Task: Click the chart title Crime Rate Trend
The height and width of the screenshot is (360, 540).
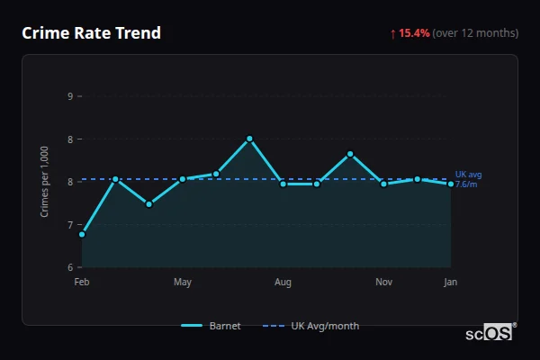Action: (91, 33)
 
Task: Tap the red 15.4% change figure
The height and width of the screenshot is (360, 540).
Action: (415, 33)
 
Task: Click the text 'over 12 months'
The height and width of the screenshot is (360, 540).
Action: (475, 33)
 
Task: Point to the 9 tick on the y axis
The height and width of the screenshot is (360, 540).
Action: (70, 95)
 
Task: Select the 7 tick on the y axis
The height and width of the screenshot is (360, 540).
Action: (70, 224)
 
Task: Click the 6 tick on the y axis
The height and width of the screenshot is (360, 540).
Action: (70, 267)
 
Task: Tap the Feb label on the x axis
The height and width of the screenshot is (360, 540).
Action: (82, 283)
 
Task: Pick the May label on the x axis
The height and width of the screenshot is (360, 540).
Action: (183, 283)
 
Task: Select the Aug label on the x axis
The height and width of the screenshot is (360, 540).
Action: (283, 283)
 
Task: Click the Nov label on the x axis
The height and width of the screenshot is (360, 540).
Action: (384, 283)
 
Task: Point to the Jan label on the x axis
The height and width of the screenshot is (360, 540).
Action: (451, 283)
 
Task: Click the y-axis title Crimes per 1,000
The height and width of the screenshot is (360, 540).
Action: (45, 181)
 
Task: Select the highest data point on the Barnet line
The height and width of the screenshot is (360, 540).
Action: (249, 139)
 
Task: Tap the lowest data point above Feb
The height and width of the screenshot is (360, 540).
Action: (82, 234)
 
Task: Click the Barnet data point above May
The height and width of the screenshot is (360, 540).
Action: (183, 179)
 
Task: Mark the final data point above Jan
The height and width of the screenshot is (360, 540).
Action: (451, 184)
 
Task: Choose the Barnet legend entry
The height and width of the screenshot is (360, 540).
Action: (211, 326)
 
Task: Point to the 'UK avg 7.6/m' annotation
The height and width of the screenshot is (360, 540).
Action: (468, 179)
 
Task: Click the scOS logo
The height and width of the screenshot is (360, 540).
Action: (490, 333)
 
